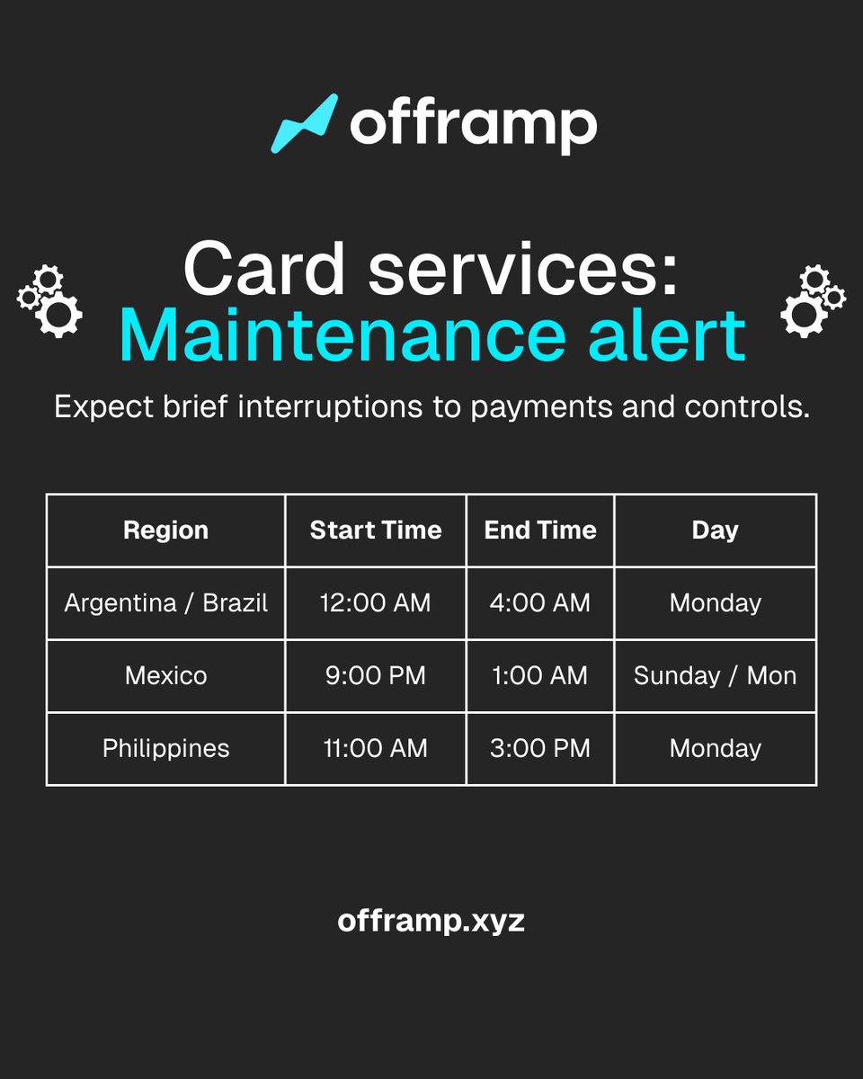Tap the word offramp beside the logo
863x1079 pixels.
pos(473,126)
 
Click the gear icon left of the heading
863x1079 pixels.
pos(50,300)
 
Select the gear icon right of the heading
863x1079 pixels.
pos(812,300)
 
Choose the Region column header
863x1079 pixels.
pos(165,531)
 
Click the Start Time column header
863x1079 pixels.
pos(376,531)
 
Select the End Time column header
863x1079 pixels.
pos(540,531)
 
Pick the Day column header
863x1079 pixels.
pos(715,531)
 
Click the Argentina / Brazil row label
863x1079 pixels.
pos(165,602)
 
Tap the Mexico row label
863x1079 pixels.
pos(165,675)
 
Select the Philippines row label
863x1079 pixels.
pos(165,748)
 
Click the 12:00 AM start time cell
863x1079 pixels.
pos(376,602)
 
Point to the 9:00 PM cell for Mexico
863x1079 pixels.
pos(376,675)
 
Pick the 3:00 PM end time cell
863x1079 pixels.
pos(540,748)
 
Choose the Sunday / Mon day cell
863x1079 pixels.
pos(715,675)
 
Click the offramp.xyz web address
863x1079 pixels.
pos(431,921)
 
